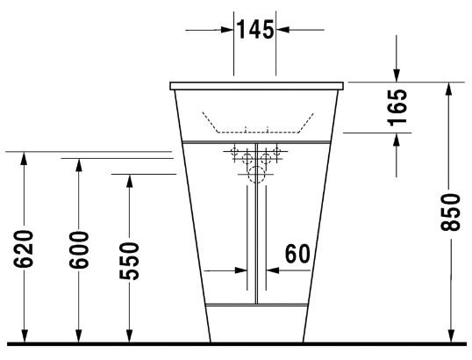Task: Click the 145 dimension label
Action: point(254,30)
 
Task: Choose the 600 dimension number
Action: point(79,248)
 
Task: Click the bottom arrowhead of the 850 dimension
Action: point(450,335)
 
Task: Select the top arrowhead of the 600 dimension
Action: point(79,166)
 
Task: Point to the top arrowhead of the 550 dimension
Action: point(129,181)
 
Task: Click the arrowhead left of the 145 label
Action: point(226,30)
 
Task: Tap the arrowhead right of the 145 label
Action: point(282,30)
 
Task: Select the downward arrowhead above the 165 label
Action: point(397,76)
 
